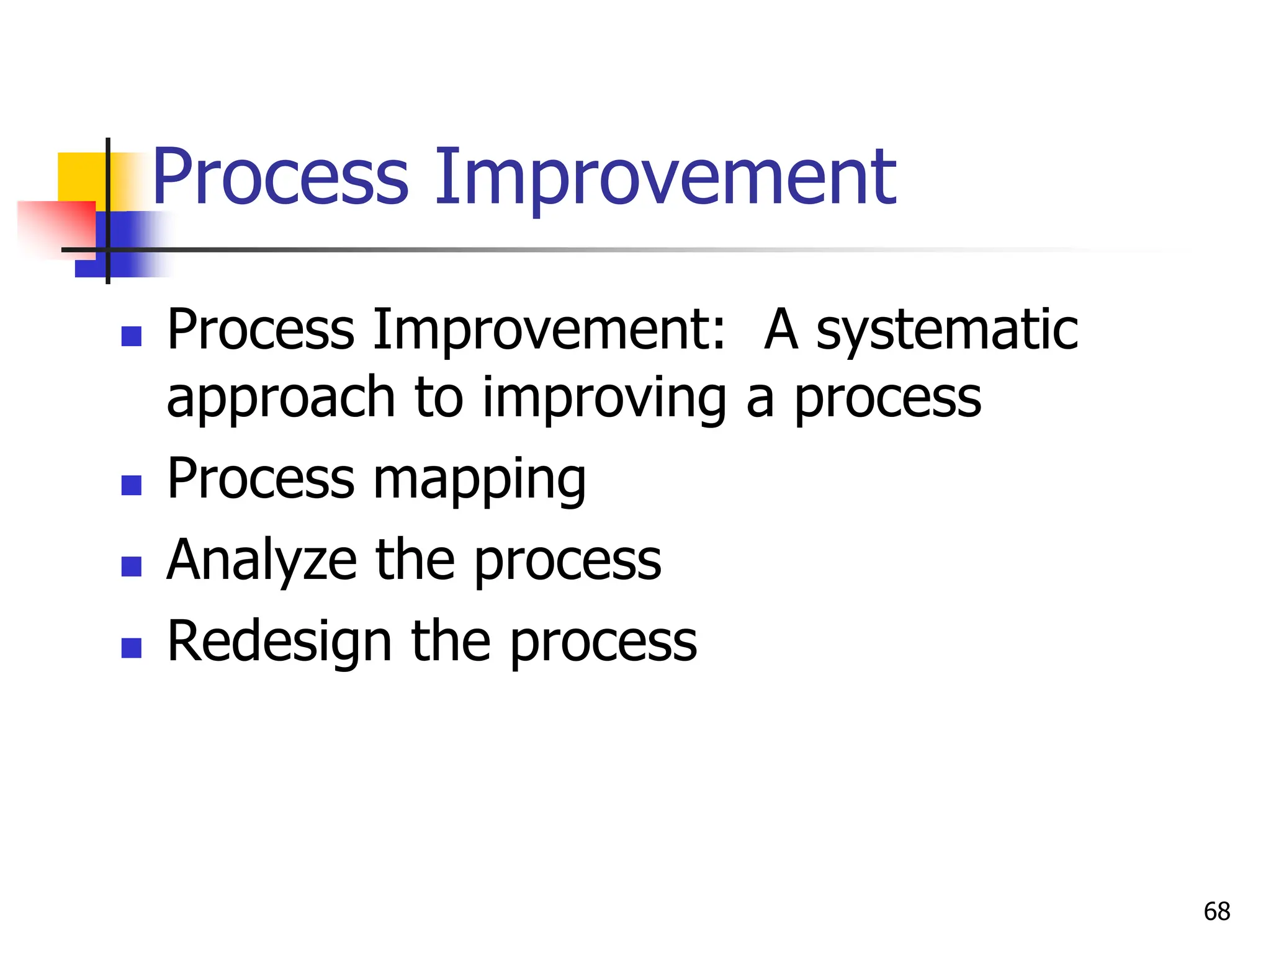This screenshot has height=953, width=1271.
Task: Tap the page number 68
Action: click(1216, 911)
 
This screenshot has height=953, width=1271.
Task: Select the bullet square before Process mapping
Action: click(132, 485)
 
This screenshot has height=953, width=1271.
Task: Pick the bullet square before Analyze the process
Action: click(132, 566)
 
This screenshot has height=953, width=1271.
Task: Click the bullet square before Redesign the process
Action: click(132, 648)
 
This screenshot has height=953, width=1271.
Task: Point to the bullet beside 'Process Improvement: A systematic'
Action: click(132, 336)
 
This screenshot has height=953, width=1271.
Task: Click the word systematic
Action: click(947, 330)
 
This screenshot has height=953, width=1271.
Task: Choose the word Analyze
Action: click(261, 561)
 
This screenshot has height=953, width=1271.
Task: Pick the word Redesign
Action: click(279, 643)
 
